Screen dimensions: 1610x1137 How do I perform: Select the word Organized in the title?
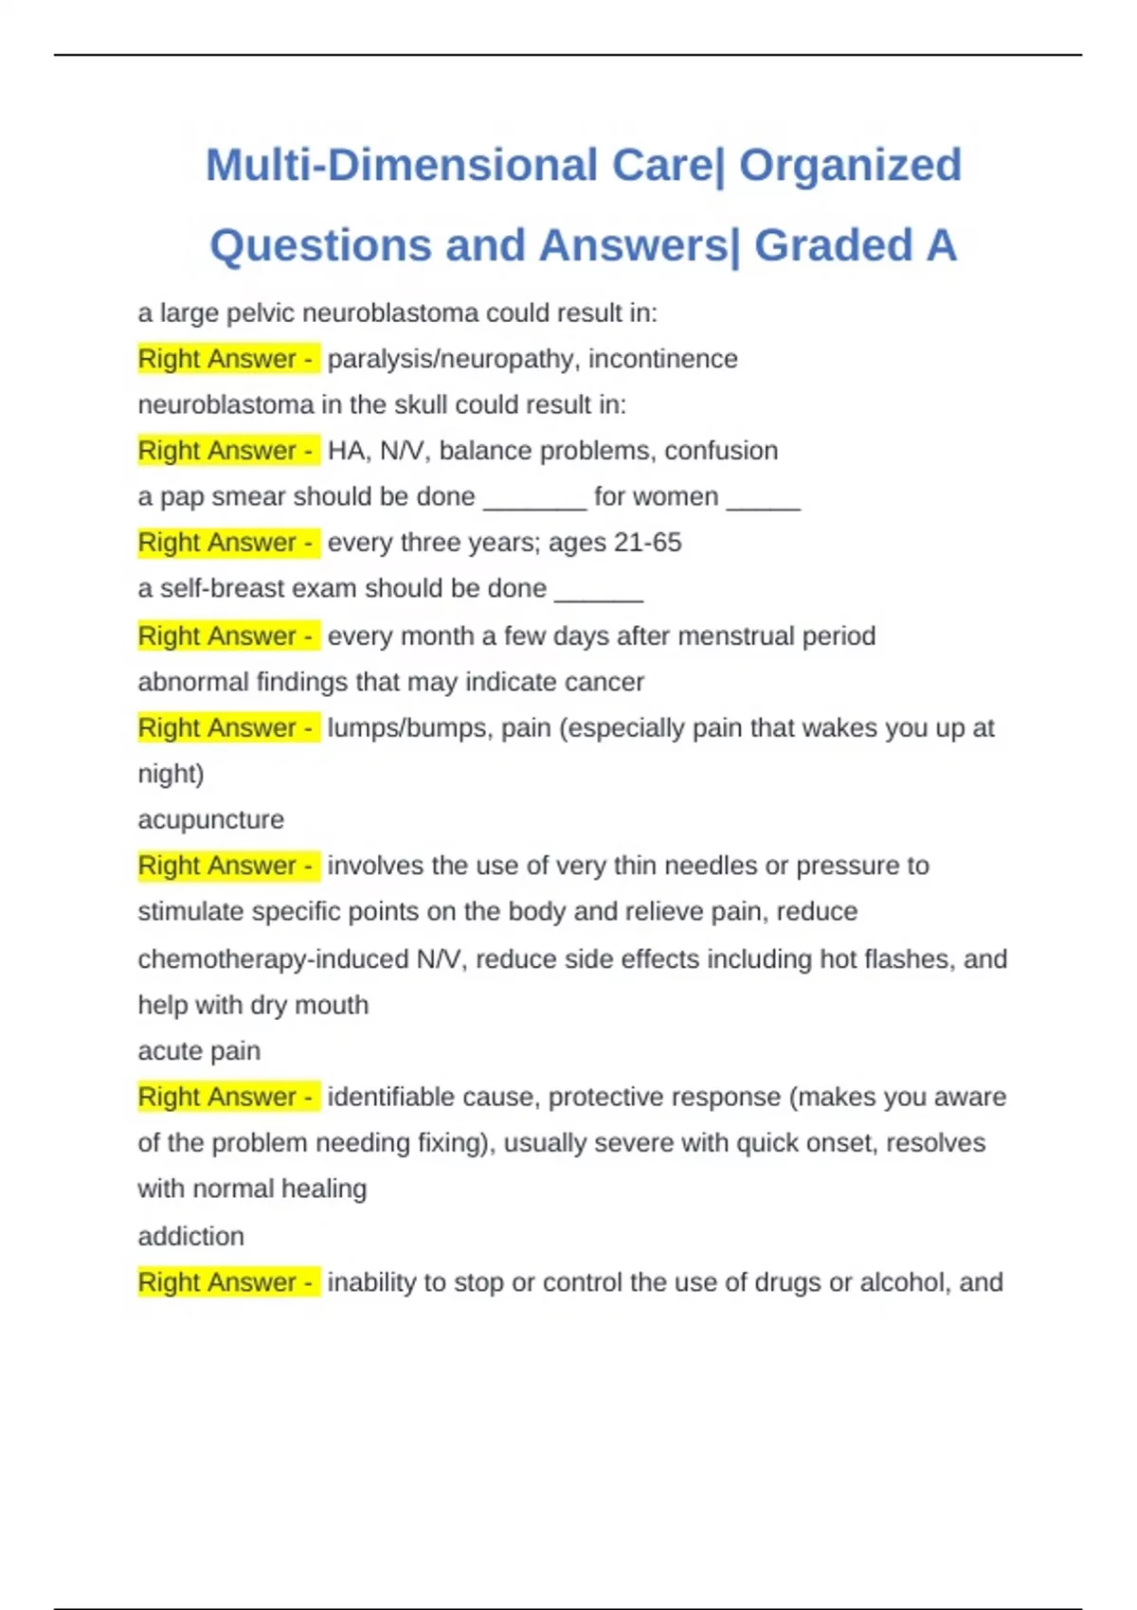[x=850, y=165]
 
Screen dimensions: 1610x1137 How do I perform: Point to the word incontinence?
[x=662, y=359]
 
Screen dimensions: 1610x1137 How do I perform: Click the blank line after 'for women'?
[x=764, y=499]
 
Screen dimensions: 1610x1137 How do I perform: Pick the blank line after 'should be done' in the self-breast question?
[x=599, y=591]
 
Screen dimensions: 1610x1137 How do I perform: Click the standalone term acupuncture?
[x=210, y=819]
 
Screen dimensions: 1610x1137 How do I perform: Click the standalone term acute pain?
[x=199, y=1051]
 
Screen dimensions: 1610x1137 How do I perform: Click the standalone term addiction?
[x=190, y=1236]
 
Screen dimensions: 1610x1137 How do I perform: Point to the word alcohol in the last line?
[x=900, y=1282]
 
